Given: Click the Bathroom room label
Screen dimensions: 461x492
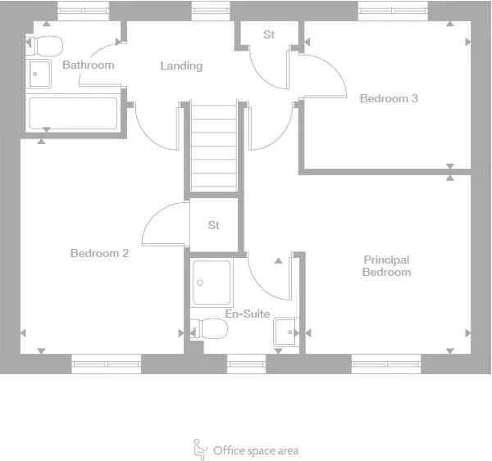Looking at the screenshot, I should (x=88, y=65).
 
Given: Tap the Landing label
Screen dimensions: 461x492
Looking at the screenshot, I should (x=181, y=66).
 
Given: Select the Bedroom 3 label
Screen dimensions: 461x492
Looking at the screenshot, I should (x=389, y=98).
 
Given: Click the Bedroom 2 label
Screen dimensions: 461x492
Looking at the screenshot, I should (x=99, y=253).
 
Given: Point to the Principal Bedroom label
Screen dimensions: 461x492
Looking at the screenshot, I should (x=386, y=265).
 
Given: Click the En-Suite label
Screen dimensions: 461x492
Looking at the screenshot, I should (x=248, y=314).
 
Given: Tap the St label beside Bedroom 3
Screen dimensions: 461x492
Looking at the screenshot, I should (x=269, y=34).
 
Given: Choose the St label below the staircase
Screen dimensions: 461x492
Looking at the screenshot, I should (x=214, y=225).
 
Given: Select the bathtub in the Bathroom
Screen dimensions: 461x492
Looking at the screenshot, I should (x=74, y=114).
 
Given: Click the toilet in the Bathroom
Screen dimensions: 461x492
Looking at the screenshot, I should (x=46, y=44).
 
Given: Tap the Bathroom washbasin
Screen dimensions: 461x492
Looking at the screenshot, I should (x=39, y=75).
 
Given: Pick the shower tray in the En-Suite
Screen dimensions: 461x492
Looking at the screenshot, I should (x=212, y=282).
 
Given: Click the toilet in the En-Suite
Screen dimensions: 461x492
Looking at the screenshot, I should (x=210, y=329).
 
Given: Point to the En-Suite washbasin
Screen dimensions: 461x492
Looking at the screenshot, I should (x=285, y=331).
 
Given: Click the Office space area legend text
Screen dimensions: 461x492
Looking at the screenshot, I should (x=256, y=450).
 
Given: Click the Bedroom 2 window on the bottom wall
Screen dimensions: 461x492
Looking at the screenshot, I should (x=106, y=364).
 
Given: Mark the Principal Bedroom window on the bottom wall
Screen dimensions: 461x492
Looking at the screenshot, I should (x=386, y=364).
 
